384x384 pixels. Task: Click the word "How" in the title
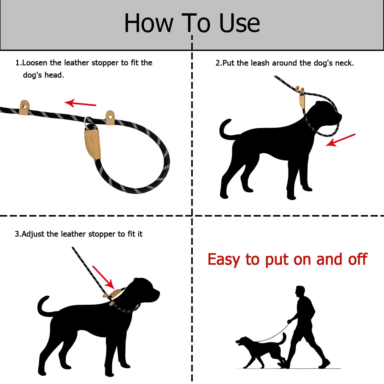(149, 23)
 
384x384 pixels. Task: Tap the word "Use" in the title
(240, 23)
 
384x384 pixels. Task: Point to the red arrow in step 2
(340, 140)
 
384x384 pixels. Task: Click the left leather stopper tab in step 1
(24, 107)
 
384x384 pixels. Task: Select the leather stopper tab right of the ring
(110, 118)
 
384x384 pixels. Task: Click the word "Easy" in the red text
(224, 260)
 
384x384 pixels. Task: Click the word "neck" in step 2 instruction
(343, 63)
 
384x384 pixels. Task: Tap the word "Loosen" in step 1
(35, 63)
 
